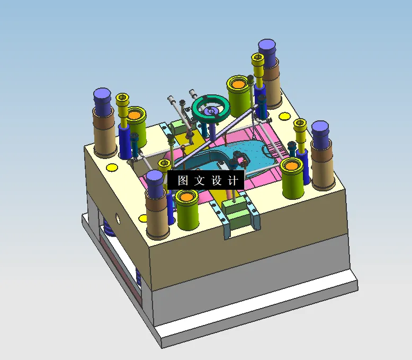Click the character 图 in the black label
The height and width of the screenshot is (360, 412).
tap(183, 180)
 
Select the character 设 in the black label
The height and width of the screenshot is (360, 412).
tap(216, 180)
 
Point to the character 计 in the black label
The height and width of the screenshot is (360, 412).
tap(232, 180)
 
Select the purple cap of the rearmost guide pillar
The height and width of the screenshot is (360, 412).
tap(268, 49)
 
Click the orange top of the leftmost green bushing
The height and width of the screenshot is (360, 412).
tap(135, 114)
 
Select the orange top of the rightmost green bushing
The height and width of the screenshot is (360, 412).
tap(292, 165)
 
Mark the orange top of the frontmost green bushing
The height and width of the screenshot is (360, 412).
tap(186, 198)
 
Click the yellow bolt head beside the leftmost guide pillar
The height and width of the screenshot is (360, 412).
tap(122, 99)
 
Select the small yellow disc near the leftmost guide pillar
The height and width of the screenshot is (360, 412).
tap(112, 168)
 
